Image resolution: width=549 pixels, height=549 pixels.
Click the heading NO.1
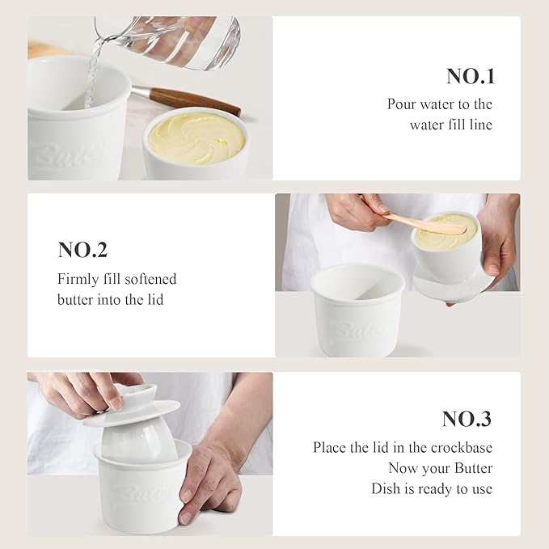[x=471, y=76]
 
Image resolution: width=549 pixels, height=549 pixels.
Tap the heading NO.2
[x=82, y=250]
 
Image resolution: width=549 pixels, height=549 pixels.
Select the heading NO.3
[x=467, y=419]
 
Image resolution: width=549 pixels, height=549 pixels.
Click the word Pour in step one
[x=401, y=104]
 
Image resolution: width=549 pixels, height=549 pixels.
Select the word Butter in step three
[x=473, y=468]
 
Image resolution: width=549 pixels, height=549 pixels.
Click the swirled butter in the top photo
[x=196, y=138]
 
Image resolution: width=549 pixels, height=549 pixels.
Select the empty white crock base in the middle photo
[x=357, y=310]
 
